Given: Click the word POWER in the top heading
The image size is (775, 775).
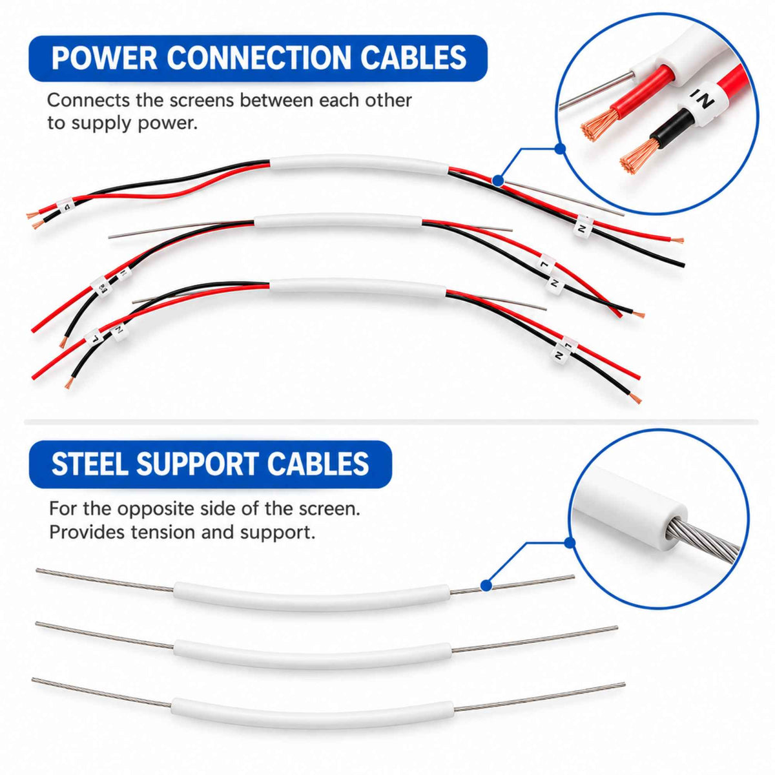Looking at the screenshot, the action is [105, 58].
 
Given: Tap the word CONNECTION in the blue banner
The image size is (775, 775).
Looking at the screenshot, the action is [259, 58].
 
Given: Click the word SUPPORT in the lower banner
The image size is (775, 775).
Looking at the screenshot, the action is [197, 464].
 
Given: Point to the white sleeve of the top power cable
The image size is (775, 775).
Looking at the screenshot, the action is [359, 163].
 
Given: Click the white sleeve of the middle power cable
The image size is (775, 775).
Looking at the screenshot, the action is [338, 221].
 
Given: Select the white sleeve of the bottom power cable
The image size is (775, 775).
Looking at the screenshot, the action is [358, 286].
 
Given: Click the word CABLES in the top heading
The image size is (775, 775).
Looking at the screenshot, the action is [413, 58].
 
